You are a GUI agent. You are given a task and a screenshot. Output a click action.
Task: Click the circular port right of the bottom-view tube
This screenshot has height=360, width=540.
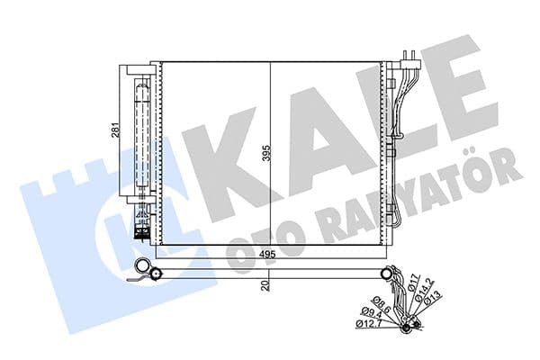[388, 274]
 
